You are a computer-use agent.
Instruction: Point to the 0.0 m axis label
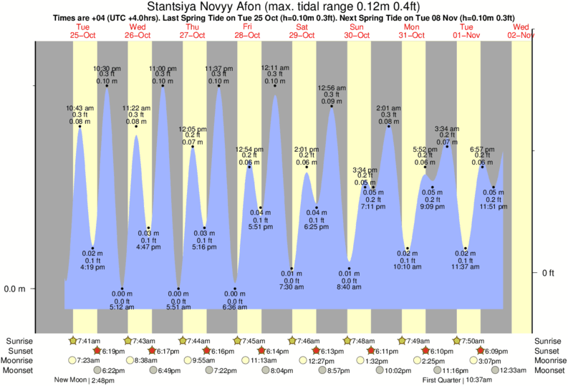click(x=15, y=289)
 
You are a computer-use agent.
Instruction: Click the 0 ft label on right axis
click(x=547, y=273)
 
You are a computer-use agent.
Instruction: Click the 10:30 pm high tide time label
click(x=107, y=68)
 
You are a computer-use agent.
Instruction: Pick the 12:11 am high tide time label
click(x=275, y=68)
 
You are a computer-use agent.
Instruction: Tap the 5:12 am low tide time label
click(x=122, y=308)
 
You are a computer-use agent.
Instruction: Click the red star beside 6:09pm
click(x=481, y=351)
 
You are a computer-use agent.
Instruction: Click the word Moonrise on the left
click(x=19, y=361)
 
